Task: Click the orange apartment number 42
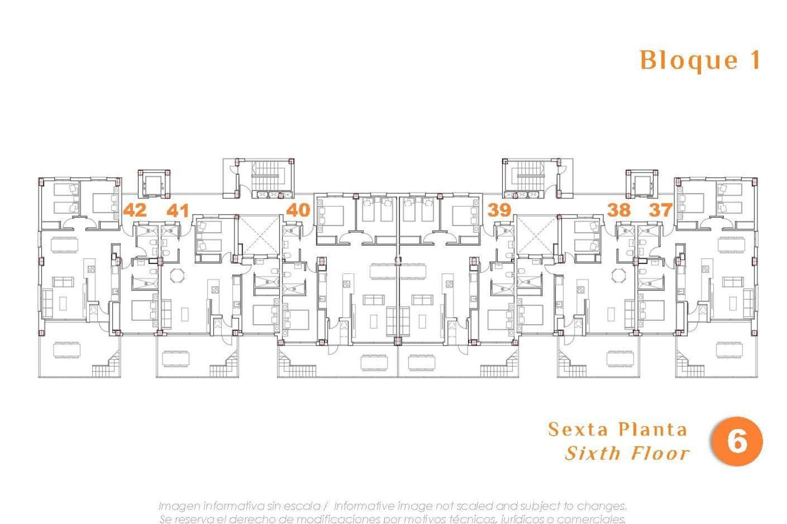coord(135,210)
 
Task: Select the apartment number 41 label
coord(178,211)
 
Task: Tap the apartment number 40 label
coord(298,210)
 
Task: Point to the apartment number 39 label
coord(499,210)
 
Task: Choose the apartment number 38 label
coord(619,210)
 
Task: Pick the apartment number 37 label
coord(660,210)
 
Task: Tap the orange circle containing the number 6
coord(737,441)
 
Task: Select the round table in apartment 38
coord(619,276)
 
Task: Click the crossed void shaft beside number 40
coord(258,235)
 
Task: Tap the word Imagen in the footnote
coord(178,506)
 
